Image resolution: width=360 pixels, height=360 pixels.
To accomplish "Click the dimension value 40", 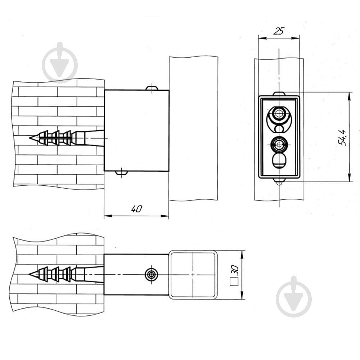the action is (x=136, y=209).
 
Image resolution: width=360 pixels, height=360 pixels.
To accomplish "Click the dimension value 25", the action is (x=279, y=31).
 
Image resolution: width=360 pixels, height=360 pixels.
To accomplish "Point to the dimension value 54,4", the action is (x=342, y=138).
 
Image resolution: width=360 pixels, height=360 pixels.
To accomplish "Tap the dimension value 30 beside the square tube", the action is (x=235, y=270).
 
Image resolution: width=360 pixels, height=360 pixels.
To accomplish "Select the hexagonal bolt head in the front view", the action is (x=279, y=113).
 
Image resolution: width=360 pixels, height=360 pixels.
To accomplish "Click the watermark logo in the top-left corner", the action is (x=60, y=62).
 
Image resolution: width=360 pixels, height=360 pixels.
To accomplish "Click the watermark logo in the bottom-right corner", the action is (x=294, y=296).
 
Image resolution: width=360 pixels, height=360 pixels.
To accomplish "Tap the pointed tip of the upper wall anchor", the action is (x=30, y=138).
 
